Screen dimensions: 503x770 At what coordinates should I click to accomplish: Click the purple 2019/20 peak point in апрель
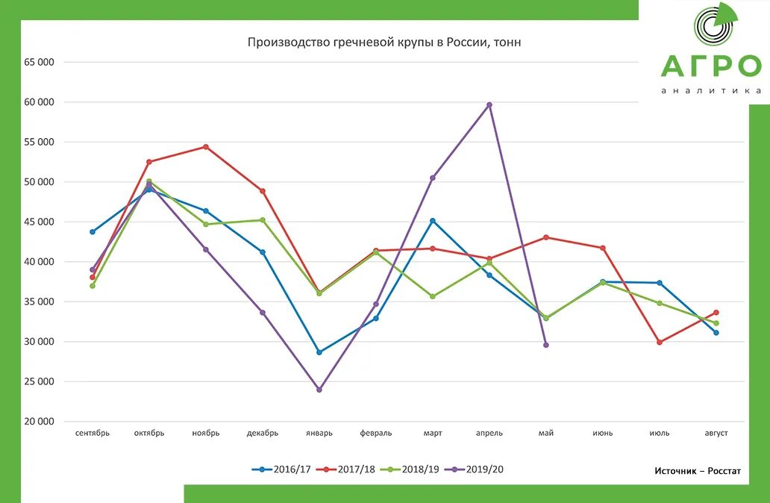[x=489, y=105]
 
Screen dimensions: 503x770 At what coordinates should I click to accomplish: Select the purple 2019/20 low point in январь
[x=319, y=390]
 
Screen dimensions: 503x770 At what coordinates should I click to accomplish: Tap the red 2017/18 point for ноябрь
[x=206, y=147]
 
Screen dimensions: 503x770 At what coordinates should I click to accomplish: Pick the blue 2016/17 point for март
[x=433, y=221]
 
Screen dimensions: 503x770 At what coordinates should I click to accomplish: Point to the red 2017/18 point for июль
[x=660, y=343]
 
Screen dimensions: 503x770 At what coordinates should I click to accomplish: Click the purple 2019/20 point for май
[x=546, y=345]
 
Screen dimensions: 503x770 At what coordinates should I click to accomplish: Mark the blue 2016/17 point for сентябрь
[x=93, y=232]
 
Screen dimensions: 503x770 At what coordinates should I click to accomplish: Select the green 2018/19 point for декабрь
[x=263, y=220]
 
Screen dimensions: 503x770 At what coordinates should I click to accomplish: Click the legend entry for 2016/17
[x=283, y=469]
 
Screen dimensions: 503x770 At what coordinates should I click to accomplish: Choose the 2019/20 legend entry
[x=475, y=469]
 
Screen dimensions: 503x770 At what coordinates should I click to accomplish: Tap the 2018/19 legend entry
[x=410, y=469]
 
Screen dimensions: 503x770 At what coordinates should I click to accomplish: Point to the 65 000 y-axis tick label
[x=39, y=62]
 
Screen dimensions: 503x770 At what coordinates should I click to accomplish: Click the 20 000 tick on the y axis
[x=39, y=422]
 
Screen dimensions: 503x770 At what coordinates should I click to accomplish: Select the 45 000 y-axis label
[x=39, y=222]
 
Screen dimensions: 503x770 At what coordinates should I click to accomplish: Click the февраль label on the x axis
[x=376, y=433]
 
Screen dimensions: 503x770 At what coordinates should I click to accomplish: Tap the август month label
[x=716, y=433]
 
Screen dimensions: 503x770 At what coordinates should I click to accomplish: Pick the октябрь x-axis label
[x=149, y=433]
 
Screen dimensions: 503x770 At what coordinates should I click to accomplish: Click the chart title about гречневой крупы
[x=384, y=43]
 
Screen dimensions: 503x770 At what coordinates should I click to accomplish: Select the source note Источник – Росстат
[x=698, y=471]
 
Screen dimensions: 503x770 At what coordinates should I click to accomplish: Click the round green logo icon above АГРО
[x=715, y=27]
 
